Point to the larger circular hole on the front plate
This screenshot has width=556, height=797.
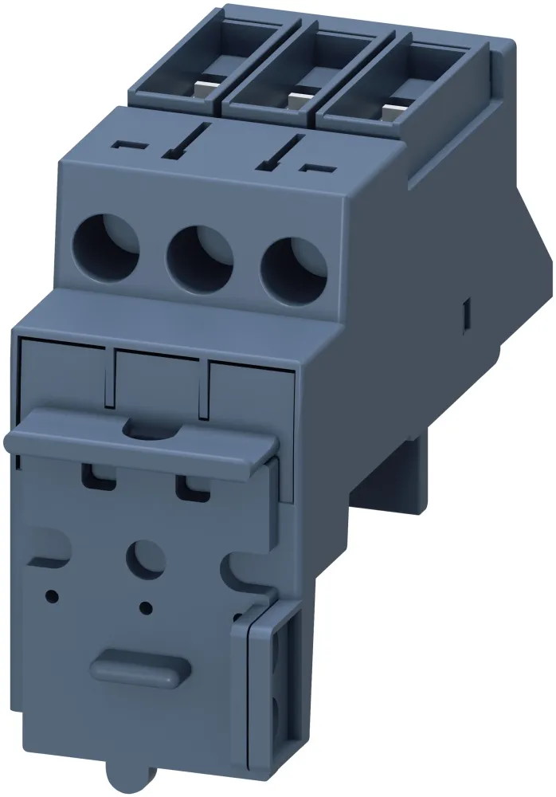coord(147,557)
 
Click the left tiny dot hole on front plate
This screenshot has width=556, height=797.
coord(52,595)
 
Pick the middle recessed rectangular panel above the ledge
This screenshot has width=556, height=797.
coord(157,380)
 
